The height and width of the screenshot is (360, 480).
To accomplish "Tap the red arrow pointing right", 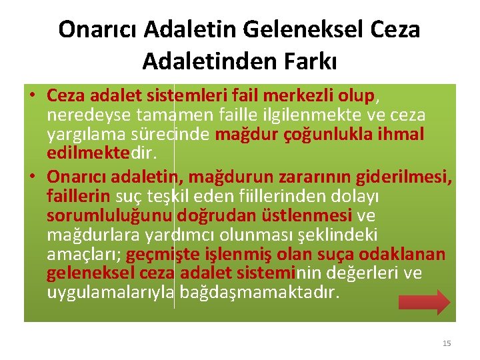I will (x=424, y=301).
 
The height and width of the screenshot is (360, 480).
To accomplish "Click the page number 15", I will (x=447, y=343).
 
